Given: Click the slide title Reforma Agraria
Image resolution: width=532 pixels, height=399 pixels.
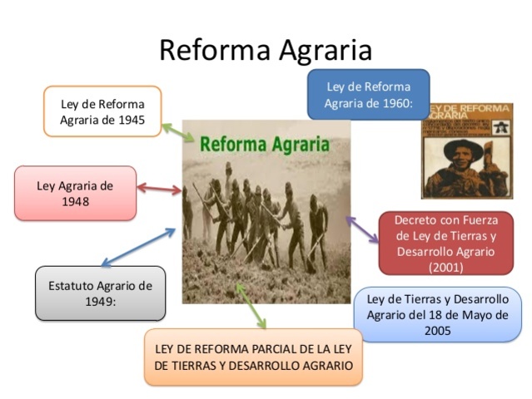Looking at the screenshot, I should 265,50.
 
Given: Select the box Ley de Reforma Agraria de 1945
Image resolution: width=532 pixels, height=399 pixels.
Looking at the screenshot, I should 102,111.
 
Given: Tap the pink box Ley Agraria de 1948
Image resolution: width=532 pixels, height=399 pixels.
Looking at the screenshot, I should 75,193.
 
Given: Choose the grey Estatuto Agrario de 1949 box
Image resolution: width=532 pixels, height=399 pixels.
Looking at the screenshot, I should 100,293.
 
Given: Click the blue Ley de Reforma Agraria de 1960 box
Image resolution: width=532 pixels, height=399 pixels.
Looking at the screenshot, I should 368,94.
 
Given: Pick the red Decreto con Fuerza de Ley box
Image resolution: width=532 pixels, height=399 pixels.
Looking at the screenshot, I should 445,243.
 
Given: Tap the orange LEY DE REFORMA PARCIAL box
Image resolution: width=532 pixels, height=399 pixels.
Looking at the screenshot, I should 253,357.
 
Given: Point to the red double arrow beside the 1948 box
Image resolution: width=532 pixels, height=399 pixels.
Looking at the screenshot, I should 158,190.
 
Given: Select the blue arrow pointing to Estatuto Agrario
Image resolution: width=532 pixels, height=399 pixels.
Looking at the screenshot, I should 138,247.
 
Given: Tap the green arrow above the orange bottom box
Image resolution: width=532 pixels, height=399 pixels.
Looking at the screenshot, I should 251,306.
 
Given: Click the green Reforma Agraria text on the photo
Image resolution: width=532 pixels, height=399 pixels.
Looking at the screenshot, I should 264,143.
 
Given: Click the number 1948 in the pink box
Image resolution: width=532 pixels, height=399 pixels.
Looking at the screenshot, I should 75,201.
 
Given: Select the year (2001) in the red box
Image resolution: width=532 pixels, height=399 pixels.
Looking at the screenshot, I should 445,268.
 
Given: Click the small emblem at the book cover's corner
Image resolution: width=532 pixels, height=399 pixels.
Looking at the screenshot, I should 501,126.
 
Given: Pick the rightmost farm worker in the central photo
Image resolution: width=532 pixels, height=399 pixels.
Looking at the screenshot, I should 317,229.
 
